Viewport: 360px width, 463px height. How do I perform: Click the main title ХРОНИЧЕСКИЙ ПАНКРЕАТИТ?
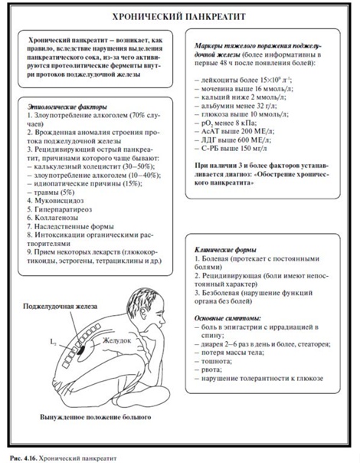pyautogui.click(x=179, y=17)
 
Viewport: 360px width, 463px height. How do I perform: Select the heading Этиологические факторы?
pyautogui.click(x=67, y=107)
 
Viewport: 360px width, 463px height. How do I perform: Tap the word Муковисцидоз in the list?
pyautogui.click(x=59, y=201)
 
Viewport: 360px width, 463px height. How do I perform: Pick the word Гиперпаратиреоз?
pyautogui.click(x=63, y=209)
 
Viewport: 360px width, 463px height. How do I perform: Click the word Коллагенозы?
pyautogui.click(x=57, y=218)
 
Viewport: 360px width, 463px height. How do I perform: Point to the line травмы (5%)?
pyautogui.click(x=51, y=192)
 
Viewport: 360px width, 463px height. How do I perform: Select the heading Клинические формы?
pyautogui.click(x=225, y=250)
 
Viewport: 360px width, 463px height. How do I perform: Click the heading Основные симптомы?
pyautogui.click(x=227, y=319)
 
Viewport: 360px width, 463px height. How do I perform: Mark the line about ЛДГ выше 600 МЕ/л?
pyautogui.click(x=233, y=140)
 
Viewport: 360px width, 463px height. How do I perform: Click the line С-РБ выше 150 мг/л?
pyautogui.click(x=231, y=149)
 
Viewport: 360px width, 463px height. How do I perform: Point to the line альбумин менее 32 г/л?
pyautogui.click(x=236, y=106)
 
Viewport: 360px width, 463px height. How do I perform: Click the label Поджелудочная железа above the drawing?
pyautogui.click(x=61, y=306)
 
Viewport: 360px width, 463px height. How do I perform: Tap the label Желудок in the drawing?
pyautogui.click(x=117, y=340)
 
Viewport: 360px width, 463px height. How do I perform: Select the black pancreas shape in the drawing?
pyautogui.click(x=80, y=350)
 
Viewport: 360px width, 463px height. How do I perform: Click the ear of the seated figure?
pyautogui.click(x=144, y=313)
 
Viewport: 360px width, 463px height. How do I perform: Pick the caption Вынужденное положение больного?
pyautogui.click(x=95, y=417)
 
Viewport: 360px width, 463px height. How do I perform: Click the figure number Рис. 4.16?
pyautogui.click(x=23, y=458)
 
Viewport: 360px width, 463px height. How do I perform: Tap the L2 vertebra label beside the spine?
pyautogui.click(x=54, y=343)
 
